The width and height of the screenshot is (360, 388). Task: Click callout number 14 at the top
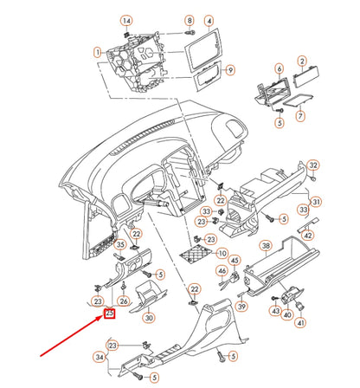tap(127, 20)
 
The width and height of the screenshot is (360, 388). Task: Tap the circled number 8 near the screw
tap(190, 20)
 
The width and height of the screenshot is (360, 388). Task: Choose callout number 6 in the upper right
tap(279, 68)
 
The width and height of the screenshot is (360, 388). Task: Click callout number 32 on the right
tap(313, 165)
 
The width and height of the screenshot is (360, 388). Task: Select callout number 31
tap(316, 202)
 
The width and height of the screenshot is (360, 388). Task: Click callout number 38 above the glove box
tap(267, 246)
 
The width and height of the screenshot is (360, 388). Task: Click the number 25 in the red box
tap(110, 314)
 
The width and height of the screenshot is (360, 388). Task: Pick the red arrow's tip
tap(104, 318)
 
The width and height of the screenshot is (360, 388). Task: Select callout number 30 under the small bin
tap(148, 319)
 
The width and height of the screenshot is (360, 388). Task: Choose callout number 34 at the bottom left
tap(100, 356)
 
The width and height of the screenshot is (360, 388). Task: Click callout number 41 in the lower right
tap(301, 322)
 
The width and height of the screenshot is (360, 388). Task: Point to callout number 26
tap(123, 301)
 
